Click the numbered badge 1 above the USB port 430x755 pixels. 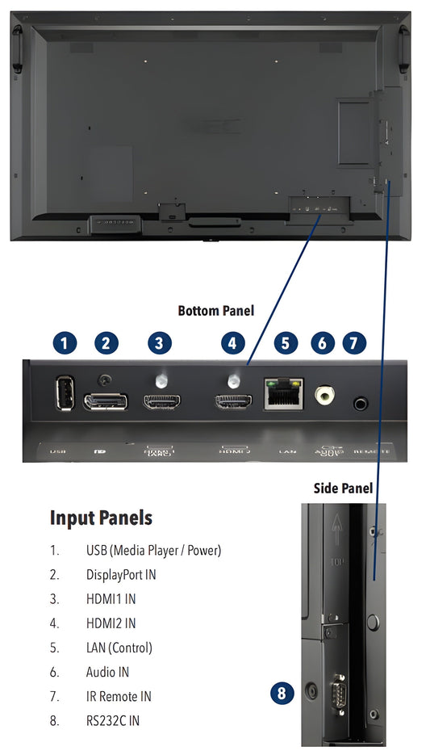tap(65, 342)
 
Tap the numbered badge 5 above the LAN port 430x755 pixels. tap(285, 342)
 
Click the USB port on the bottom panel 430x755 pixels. tap(65, 395)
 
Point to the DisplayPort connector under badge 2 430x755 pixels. tap(105, 401)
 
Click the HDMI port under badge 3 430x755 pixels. tap(161, 401)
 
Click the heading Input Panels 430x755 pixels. tap(101, 518)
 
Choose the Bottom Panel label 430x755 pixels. tap(215, 311)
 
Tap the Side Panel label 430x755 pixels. tap(343, 489)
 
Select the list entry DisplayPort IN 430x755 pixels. tap(121, 575)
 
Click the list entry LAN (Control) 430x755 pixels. tap(119, 648)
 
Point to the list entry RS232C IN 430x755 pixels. tap(112, 720)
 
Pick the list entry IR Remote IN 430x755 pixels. tap(119, 696)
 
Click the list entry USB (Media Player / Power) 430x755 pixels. tap(153, 551)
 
